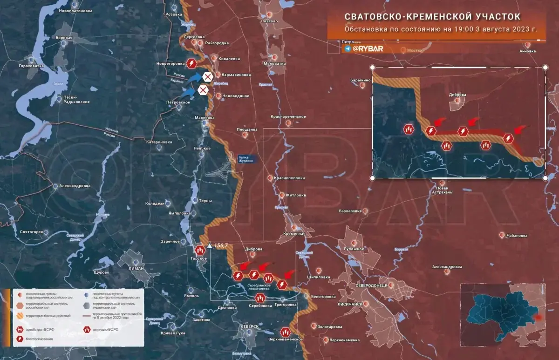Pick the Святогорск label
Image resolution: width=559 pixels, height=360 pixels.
click(32, 231)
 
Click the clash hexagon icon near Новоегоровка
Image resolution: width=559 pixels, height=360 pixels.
click(191, 63)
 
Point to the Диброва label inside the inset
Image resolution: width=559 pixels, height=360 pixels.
click(457, 95)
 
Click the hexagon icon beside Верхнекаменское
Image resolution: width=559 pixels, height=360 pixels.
click(286, 332)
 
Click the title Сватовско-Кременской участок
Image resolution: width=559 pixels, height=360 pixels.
click(432, 16)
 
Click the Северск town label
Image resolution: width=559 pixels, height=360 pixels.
click(249, 326)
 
